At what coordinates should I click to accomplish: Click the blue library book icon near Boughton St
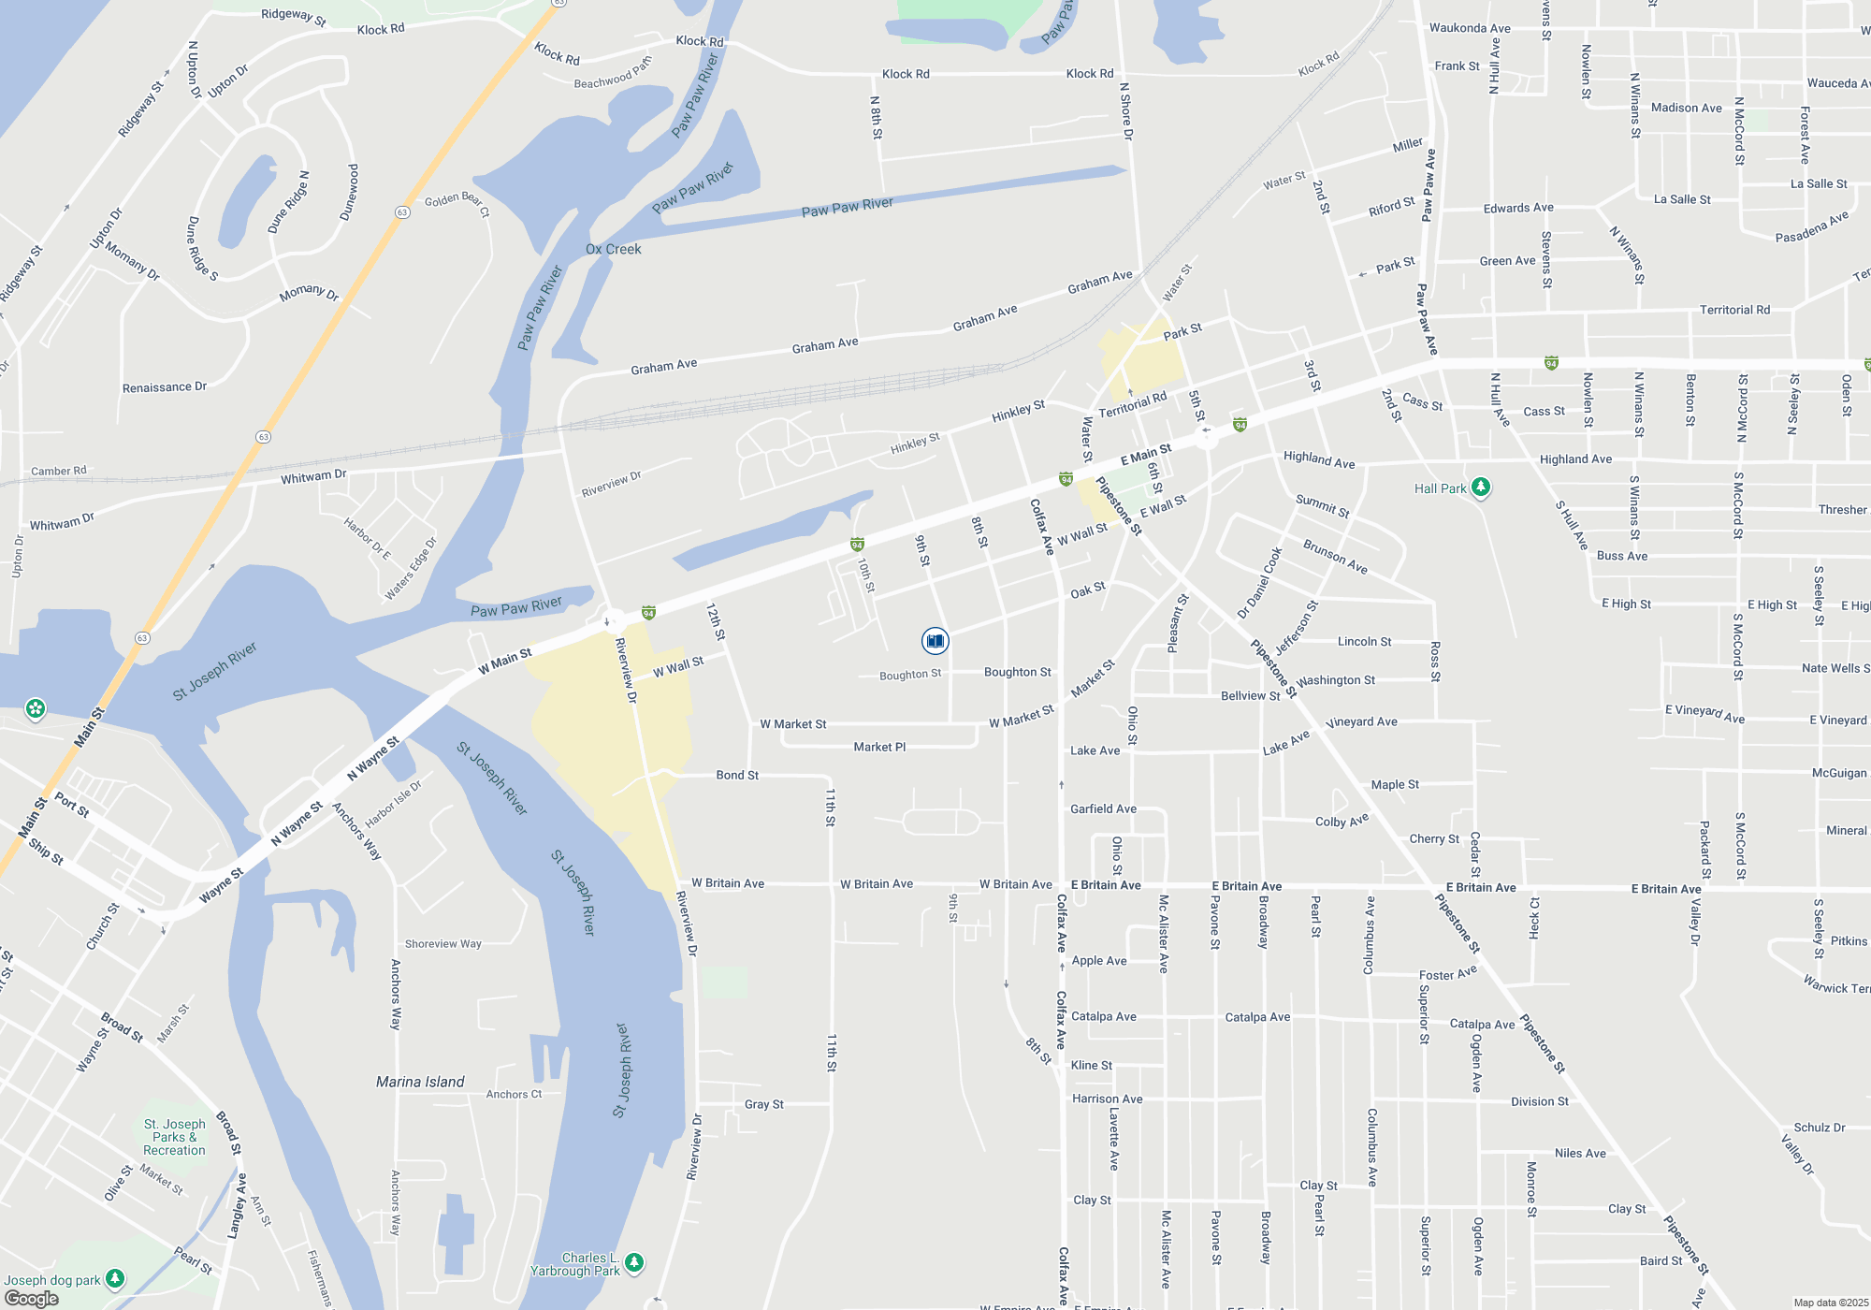935,640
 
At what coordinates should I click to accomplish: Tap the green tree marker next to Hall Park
1480,487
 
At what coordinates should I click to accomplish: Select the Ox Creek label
613,249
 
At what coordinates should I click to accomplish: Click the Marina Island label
420,1082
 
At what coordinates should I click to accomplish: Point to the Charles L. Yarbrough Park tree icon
634,1262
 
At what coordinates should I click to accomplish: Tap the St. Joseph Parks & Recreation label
174,1137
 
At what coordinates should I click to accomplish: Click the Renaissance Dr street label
165,386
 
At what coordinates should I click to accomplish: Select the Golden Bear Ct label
457,203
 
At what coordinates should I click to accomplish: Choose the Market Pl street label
879,747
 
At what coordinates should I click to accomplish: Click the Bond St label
737,775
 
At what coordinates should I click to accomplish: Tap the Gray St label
764,1104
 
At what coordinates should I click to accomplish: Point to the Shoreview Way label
443,943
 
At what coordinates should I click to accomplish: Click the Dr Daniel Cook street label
1259,583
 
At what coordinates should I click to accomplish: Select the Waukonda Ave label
1470,28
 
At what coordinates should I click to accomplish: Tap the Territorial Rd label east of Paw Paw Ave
1734,310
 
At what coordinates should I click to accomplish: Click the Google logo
32,1299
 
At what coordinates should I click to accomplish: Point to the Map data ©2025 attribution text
1830,1303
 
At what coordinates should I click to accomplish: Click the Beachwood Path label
613,74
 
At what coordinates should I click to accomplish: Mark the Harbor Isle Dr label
393,805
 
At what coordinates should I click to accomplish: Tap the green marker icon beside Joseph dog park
115,1278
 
